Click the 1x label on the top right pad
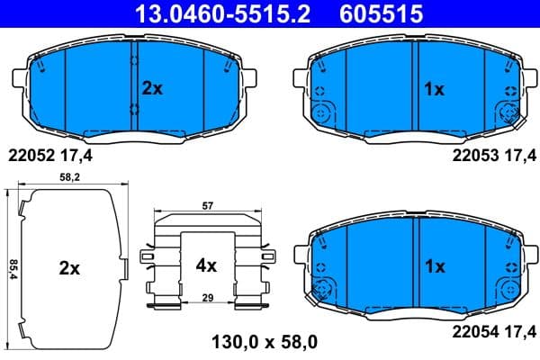(x=435, y=88)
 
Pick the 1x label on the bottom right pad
(x=435, y=266)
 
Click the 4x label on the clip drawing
(x=207, y=265)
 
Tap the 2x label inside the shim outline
(x=70, y=268)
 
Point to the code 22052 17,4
(x=50, y=156)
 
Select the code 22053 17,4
(x=490, y=156)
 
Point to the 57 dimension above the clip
(x=208, y=207)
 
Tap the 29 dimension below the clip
(x=207, y=297)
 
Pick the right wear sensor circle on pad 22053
(x=509, y=113)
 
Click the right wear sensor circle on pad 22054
(x=509, y=290)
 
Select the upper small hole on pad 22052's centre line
(x=134, y=61)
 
